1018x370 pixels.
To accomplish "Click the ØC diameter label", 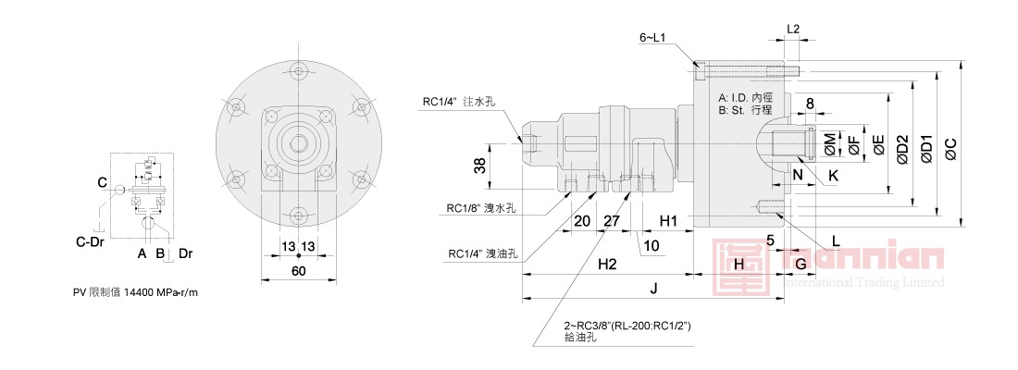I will pyautogui.click(x=953, y=147).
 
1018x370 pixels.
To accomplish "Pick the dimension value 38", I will pyautogui.click(x=479, y=166).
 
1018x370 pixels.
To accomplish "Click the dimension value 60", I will pyautogui.click(x=298, y=271).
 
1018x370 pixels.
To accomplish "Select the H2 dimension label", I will pyautogui.click(x=606, y=265).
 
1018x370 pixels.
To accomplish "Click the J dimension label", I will pyautogui.click(x=653, y=289).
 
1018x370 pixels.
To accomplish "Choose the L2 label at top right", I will pyautogui.click(x=792, y=30).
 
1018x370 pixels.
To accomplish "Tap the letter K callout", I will pyautogui.click(x=833, y=175).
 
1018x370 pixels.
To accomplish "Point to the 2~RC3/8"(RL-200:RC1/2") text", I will pyautogui.click(x=627, y=326).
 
